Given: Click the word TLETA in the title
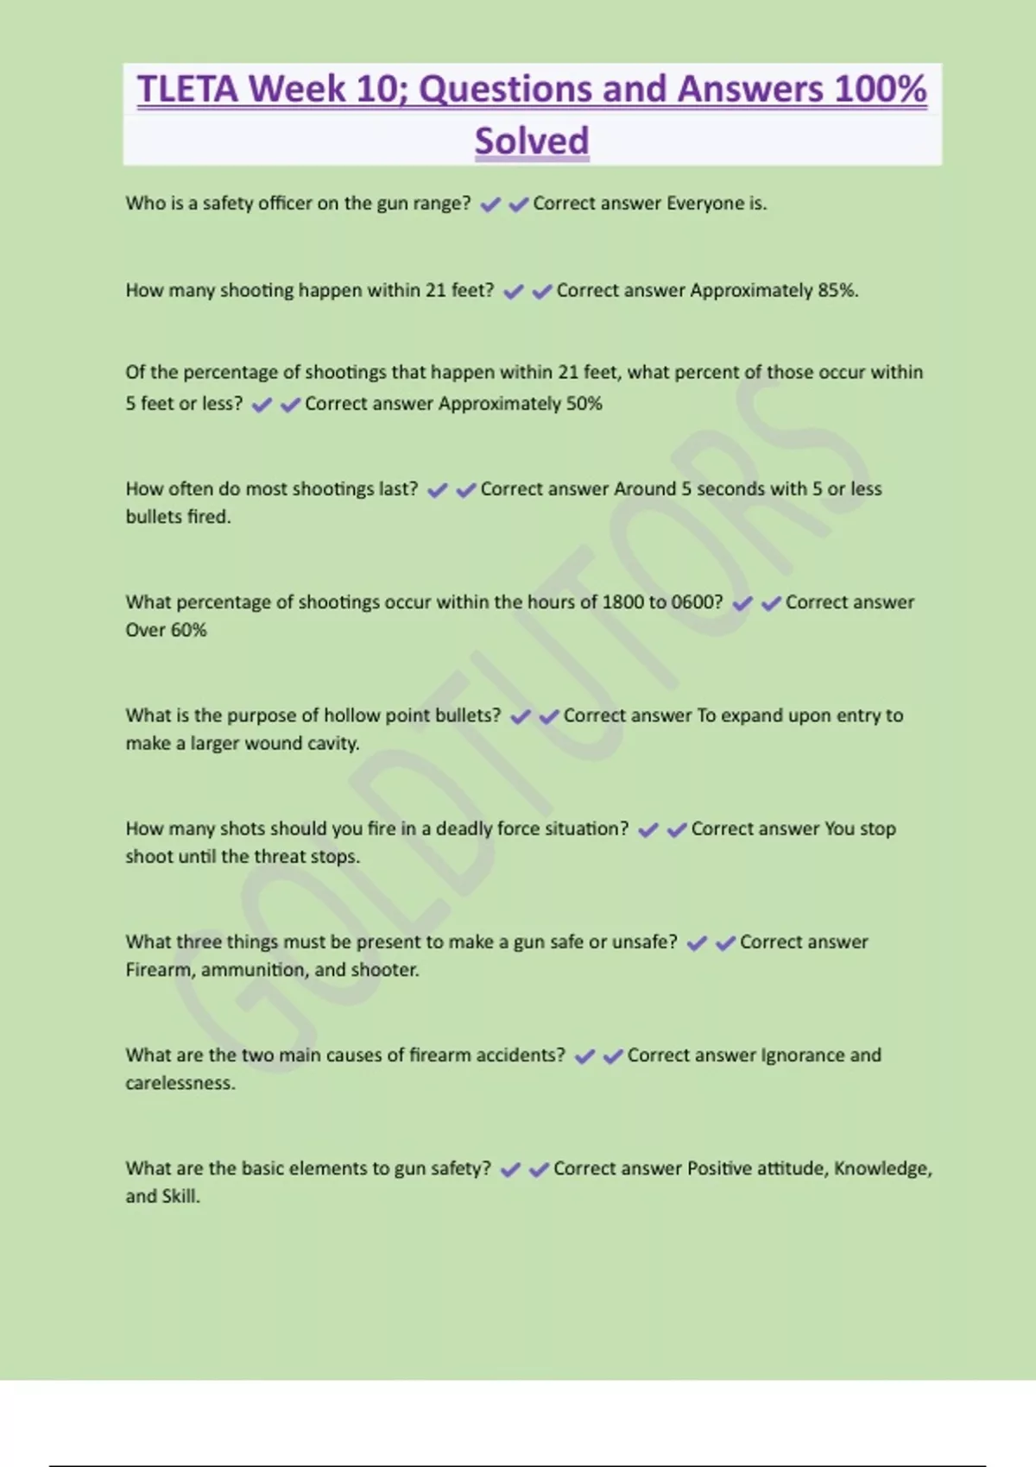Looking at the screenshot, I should pyautogui.click(x=186, y=89).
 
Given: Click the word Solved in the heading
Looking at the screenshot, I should pyautogui.click(x=532, y=141).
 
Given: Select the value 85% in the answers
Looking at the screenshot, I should pyautogui.click(x=837, y=290).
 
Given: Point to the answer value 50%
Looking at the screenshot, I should pyautogui.click(x=584, y=403).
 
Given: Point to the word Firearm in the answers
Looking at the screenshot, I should pyautogui.click(x=160, y=970).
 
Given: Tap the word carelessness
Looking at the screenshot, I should pyautogui.click(x=180, y=1083).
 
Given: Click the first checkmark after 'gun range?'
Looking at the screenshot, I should pyautogui.click(x=490, y=205).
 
